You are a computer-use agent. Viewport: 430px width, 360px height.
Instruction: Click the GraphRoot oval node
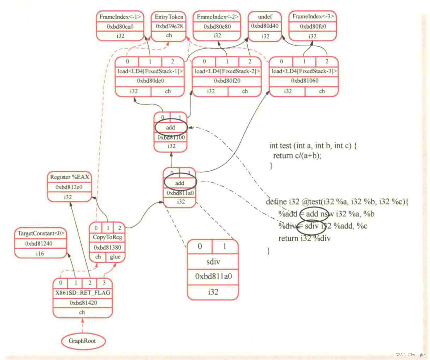[82, 341]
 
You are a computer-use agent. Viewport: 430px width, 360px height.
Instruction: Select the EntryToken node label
[169, 17]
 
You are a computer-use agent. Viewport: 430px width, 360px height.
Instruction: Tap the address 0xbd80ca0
[120, 26]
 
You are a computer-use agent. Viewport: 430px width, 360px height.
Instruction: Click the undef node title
[265, 17]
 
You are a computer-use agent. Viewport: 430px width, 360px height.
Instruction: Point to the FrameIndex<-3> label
[313, 16]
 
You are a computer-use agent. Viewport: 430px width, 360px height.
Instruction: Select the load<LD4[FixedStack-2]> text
[227, 71]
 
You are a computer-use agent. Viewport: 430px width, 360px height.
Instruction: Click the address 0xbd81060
[305, 81]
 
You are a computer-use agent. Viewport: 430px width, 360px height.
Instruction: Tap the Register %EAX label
[69, 177]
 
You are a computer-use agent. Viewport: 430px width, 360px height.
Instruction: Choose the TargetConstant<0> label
[41, 233]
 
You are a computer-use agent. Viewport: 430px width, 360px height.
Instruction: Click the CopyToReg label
[107, 237]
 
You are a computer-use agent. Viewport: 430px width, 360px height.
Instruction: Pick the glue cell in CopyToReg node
[115, 257]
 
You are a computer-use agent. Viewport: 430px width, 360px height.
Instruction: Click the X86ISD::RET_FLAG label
[83, 293]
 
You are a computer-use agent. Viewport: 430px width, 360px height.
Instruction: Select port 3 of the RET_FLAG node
[104, 283]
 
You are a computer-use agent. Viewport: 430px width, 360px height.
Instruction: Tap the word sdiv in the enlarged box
[213, 262]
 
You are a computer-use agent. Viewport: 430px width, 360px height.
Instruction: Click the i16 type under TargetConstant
[40, 253]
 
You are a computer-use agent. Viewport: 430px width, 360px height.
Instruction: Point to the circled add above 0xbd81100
[170, 128]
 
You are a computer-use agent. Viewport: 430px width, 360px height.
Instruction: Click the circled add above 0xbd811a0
[179, 183]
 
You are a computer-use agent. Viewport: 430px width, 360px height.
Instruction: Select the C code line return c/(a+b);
[297, 156]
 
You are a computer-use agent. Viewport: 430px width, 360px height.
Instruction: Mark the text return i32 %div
[304, 239]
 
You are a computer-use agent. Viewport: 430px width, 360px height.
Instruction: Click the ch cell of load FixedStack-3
[322, 91]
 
